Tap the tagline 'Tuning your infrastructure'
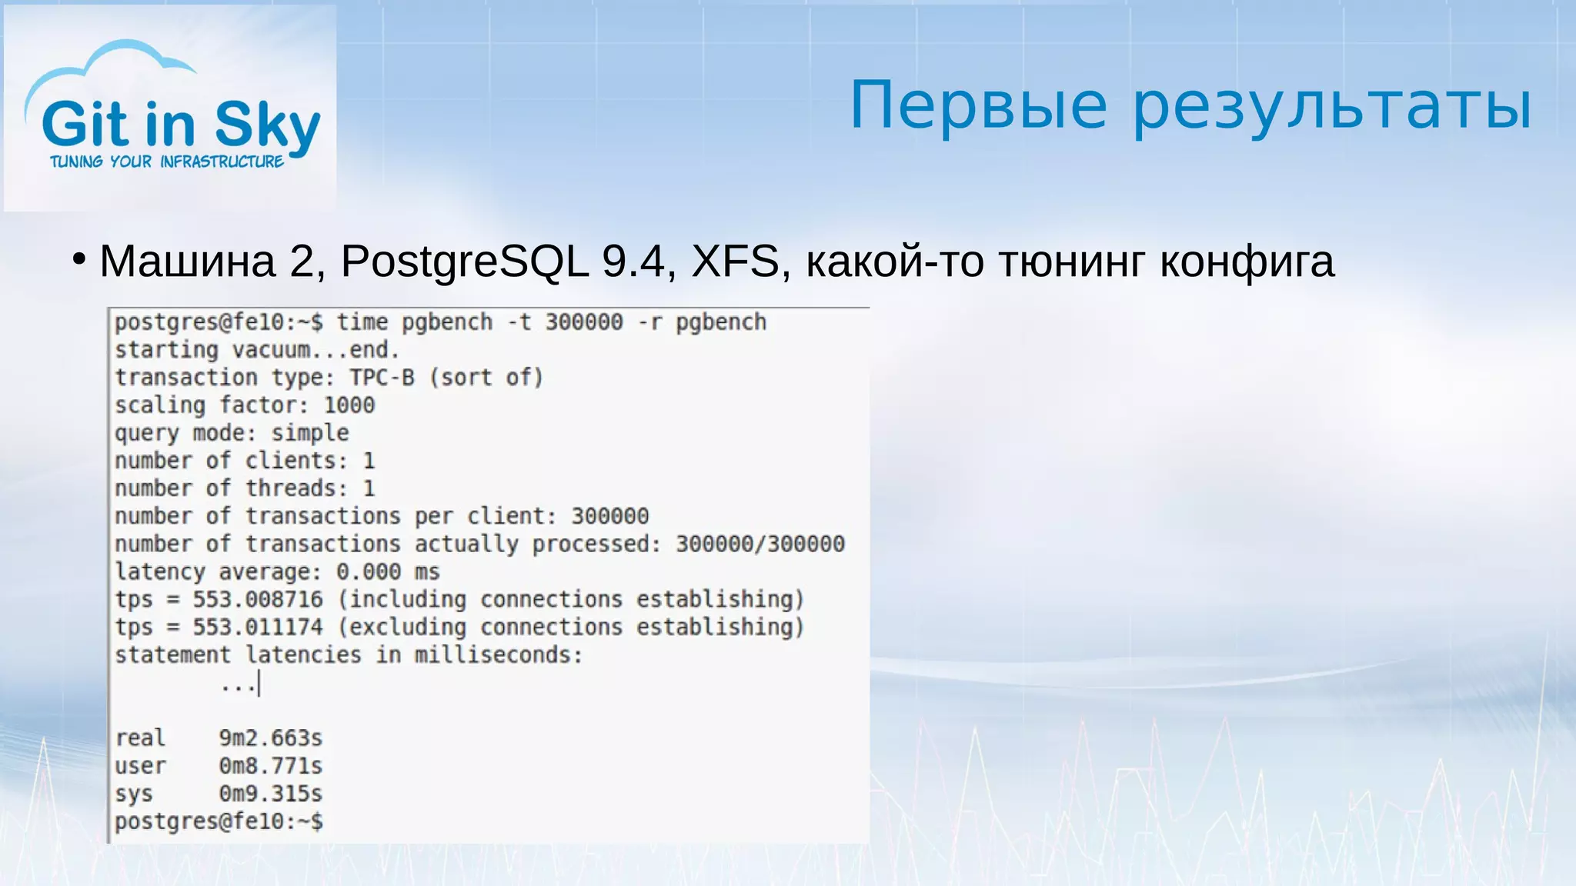pyautogui.click(x=167, y=162)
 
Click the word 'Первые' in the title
pyautogui.click(x=978, y=105)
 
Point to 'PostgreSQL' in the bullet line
pyautogui.click(x=465, y=261)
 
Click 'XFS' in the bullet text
pyautogui.click(x=736, y=261)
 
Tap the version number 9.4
pyautogui.click(x=633, y=261)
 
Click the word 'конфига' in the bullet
pyautogui.click(x=1247, y=261)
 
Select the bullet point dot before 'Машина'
pyautogui.click(x=78, y=259)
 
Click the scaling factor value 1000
pyautogui.click(x=349, y=405)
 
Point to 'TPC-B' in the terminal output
pyautogui.click(x=382, y=378)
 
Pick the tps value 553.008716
pyautogui.click(x=258, y=599)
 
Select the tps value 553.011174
pyautogui.click(x=258, y=627)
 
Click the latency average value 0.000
pyautogui.click(x=369, y=571)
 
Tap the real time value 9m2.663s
pyautogui.click(x=271, y=738)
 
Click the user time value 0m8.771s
pyautogui.click(x=271, y=766)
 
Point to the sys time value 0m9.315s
pyautogui.click(x=271, y=794)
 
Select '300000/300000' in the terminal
pyautogui.click(x=760, y=544)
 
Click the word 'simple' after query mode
pyautogui.click(x=310, y=433)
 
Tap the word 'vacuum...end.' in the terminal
pyautogui.click(x=316, y=350)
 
